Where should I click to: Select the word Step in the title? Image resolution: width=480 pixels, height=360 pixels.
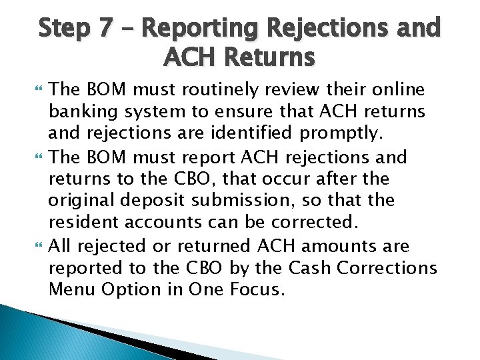(64, 29)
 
